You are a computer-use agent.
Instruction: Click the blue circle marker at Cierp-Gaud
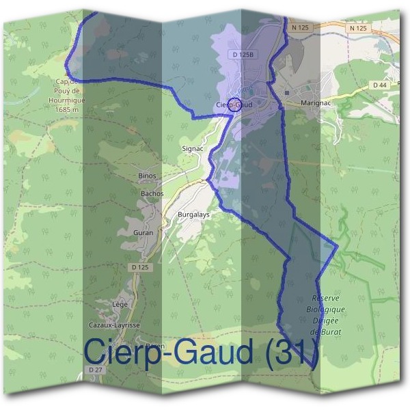(234, 105)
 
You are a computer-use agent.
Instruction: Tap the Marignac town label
(314, 104)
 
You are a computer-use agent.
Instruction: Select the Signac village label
(193, 148)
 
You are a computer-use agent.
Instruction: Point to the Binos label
(147, 176)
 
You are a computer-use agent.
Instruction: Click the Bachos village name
(152, 193)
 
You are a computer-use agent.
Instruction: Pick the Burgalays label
(193, 214)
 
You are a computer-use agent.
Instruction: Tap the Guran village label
(143, 232)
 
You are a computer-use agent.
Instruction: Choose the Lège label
(120, 304)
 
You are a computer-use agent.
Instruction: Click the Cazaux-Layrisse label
(115, 325)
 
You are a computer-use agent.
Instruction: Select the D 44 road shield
(380, 85)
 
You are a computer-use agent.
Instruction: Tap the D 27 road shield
(95, 370)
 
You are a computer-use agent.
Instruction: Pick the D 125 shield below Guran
(139, 266)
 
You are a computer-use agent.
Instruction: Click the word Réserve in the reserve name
(325, 299)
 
